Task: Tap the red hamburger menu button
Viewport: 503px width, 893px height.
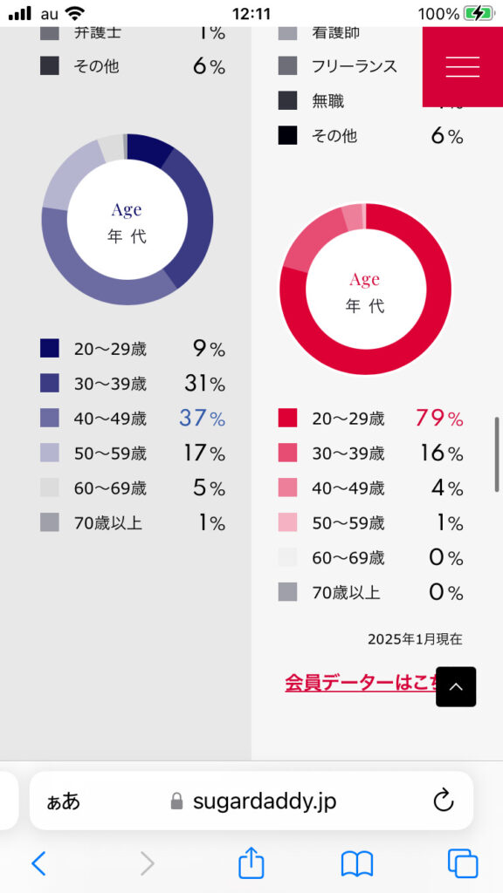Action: [x=463, y=66]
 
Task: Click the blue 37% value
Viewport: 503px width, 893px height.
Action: [x=203, y=419]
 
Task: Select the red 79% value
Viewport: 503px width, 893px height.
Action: [x=439, y=418]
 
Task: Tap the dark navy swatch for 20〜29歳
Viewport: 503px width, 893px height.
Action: [x=50, y=349]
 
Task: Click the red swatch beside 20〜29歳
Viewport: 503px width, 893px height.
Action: [x=287, y=418]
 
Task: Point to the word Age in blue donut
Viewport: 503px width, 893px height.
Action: [x=127, y=210]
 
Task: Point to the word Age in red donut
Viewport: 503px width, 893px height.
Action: [x=364, y=279]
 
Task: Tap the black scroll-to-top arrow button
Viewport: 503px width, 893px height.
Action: [x=456, y=687]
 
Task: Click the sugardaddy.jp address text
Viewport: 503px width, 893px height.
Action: [x=264, y=801]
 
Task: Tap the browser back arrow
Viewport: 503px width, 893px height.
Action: [x=38, y=863]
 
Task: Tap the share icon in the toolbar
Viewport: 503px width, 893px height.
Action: [x=251, y=862]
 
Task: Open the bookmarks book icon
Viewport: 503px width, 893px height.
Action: [x=356, y=863]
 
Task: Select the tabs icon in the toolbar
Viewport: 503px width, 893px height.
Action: [x=463, y=863]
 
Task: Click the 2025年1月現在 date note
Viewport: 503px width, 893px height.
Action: [x=415, y=639]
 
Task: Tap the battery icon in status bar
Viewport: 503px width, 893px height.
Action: [x=478, y=14]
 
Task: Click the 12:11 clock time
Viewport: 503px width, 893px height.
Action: [x=251, y=14]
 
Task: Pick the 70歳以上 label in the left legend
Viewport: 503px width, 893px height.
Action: [x=108, y=523]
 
